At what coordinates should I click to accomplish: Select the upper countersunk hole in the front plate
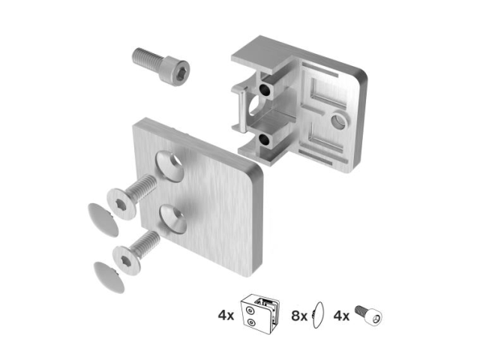[x=171, y=166]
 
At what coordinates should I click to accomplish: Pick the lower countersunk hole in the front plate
[x=173, y=219]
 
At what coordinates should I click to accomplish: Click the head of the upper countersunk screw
[x=121, y=204]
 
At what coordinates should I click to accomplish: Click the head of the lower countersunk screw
[x=127, y=260]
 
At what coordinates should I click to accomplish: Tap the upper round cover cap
[x=103, y=220]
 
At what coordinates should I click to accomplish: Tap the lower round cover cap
[x=109, y=277]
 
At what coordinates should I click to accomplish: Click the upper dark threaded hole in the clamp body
[x=264, y=89]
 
